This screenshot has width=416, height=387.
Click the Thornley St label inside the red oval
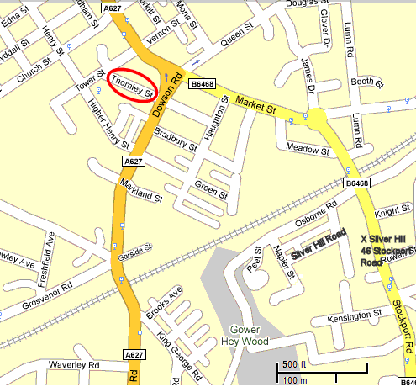(133, 84)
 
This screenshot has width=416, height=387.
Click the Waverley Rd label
(74, 365)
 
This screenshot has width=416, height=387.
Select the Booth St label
(366, 82)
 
